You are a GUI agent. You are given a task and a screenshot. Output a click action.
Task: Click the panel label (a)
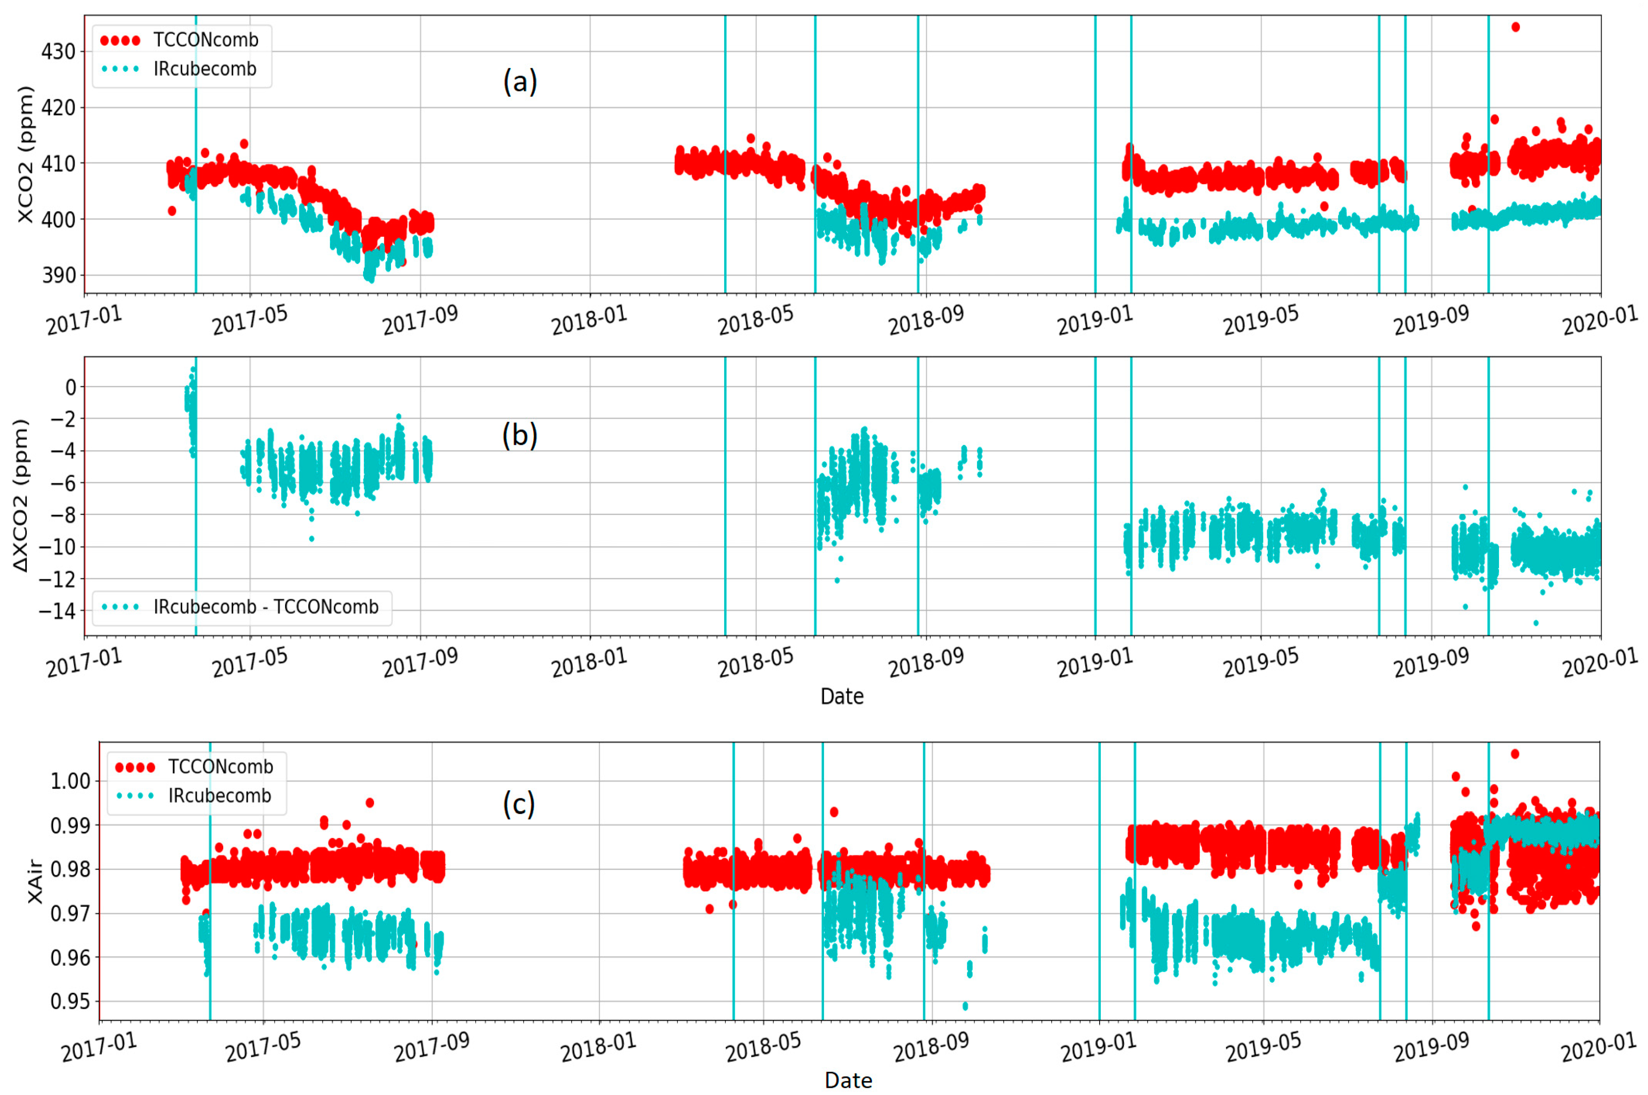coord(520,82)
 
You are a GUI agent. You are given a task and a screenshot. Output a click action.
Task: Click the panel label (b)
coord(520,435)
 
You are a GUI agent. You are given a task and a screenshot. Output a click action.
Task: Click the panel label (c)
coord(519,804)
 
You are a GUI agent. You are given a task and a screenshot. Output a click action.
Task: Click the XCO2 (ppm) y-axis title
coord(25,154)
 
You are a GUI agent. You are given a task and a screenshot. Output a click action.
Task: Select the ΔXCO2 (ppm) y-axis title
coord(21,496)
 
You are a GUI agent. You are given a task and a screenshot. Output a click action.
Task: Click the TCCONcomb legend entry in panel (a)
coord(205,40)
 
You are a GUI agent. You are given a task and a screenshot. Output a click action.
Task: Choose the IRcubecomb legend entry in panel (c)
coord(219,795)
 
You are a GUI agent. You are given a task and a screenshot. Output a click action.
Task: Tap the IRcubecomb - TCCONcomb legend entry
coord(265,607)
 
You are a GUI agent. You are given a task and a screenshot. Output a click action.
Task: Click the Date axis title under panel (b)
coord(842,696)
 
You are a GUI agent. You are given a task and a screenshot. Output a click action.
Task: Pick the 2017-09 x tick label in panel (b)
coord(420,662)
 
